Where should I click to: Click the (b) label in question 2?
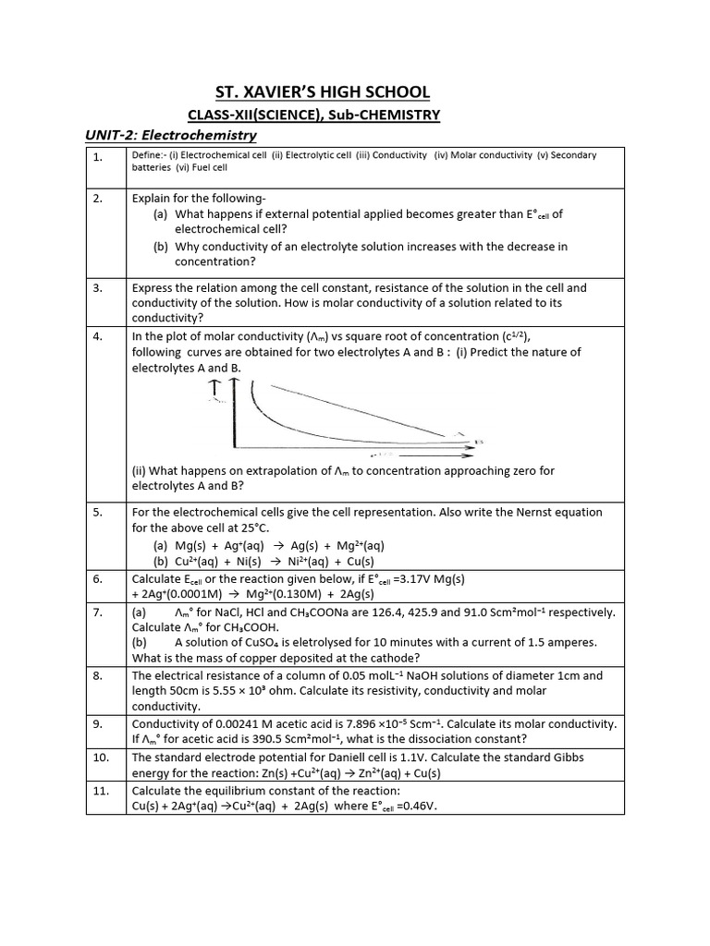(162, 247)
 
